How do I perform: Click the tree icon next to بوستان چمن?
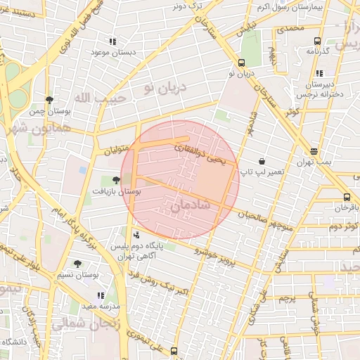49,100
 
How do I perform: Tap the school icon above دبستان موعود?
112,42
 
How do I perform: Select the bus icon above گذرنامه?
317,41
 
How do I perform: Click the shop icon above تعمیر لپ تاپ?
262,161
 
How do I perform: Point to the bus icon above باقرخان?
347,197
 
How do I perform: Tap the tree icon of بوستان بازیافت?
116,180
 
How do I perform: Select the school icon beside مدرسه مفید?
101,295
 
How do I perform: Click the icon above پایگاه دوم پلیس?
136,236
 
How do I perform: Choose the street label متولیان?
116,150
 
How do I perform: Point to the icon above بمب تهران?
313,151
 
